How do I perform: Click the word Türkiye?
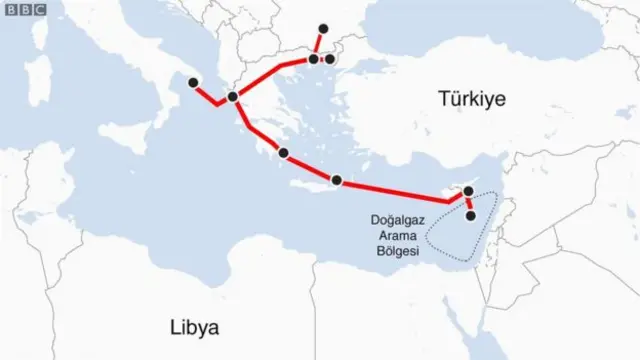472,98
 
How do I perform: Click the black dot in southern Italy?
194,83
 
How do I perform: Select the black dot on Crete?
336,180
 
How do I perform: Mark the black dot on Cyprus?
468,190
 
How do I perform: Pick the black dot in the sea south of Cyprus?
471,215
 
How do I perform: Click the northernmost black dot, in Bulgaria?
322,28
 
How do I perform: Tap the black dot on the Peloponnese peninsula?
285,153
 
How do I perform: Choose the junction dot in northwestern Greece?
233,97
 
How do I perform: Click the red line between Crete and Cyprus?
400,191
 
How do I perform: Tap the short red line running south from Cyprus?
470,203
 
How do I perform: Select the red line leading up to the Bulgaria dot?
318,44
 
